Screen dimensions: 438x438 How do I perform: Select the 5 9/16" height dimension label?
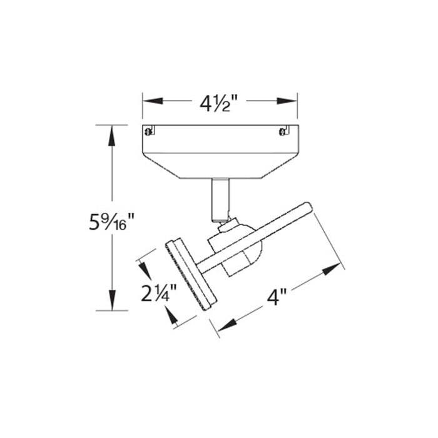coord(112,222)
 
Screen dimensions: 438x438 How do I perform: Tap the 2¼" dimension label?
coord(159,293)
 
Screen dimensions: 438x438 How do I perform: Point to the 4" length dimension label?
coord(277,297)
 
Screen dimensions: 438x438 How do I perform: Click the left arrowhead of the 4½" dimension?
coord(153,101)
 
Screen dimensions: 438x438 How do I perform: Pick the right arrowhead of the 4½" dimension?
coord(287,101)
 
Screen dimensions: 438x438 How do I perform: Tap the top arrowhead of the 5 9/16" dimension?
coord(112,135)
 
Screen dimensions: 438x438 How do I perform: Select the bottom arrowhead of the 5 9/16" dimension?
coord(112,300)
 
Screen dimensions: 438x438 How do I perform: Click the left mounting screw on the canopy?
coord(149,131)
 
